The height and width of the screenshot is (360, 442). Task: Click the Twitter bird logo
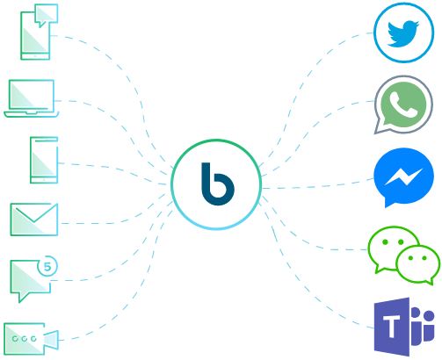403,32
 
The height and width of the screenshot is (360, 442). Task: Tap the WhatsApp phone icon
403,104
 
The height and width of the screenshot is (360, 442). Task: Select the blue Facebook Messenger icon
403,177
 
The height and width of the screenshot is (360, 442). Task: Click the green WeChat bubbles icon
404,256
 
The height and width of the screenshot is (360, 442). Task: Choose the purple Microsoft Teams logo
404,327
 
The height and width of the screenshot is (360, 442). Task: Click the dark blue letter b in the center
218,184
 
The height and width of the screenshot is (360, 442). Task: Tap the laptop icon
32,98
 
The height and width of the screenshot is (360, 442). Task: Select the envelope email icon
34,220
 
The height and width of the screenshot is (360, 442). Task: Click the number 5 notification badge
47,266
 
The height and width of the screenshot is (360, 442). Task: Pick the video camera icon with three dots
31,339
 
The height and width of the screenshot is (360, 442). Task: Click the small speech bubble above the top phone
46,15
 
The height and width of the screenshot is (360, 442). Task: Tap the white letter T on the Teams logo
392,327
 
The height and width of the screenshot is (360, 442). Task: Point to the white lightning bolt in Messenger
404,176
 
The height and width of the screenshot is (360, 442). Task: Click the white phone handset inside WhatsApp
403,104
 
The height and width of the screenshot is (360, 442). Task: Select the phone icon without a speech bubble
44,160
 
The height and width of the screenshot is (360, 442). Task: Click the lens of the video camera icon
52,340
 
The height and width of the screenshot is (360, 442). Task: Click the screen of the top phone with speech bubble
35,40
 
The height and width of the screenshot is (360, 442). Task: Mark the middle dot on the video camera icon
25,339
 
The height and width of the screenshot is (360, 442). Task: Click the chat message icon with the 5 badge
31,279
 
